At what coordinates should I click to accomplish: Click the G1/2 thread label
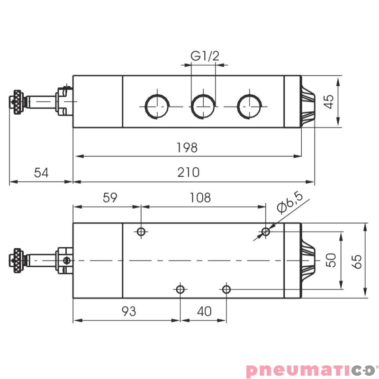coord(205,56)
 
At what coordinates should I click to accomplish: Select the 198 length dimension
coord(187,147)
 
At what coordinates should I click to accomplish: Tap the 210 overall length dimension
coord(188,172)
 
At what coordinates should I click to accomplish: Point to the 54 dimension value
coord(41,172)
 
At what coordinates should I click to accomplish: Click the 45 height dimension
coord(329,101)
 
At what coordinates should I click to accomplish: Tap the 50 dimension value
coord(331,260)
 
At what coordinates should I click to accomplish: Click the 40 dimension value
coord(204,311)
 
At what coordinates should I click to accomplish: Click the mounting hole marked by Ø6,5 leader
coord(266,232)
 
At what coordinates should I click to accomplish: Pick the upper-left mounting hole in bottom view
coord(141,232)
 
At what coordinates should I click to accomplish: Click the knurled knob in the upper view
coord(18,102)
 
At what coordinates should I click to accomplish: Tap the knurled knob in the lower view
coord(18,261)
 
